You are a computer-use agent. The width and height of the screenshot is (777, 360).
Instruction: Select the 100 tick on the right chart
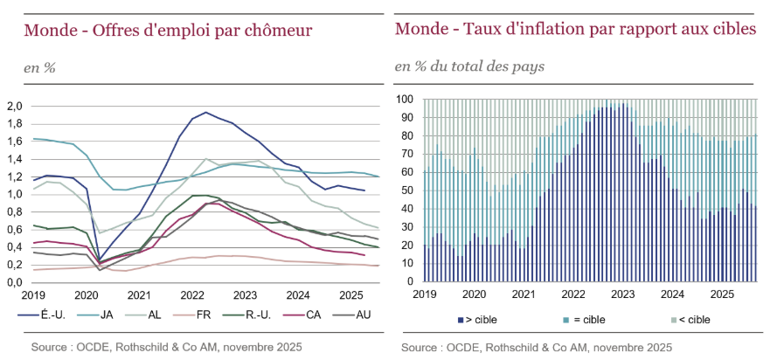point(405,100)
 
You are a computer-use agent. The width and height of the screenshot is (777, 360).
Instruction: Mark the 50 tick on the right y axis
point(407,190)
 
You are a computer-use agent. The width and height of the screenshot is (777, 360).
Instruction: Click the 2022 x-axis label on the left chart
point(191,295)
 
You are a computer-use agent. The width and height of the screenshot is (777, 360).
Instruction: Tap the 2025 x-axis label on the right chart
point(722,295)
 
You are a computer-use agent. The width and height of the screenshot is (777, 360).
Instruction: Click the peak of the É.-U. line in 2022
point(205,112)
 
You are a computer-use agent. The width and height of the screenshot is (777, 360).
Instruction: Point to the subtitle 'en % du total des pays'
point(469,66)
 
